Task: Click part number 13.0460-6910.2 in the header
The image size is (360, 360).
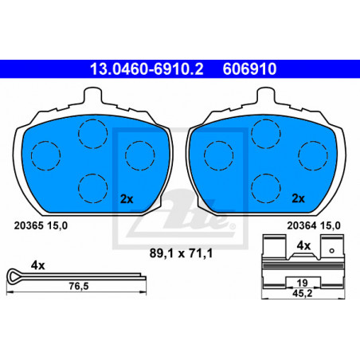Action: [147, 68]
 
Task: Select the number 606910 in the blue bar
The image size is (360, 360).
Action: [249, 68]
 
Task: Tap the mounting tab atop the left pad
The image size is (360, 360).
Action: [92, 96]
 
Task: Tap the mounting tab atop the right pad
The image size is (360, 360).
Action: [266, 96]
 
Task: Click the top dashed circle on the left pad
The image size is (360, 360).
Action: [93, 134]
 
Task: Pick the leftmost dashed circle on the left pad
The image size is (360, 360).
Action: [45, 155]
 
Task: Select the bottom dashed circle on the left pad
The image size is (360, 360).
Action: [93, 189]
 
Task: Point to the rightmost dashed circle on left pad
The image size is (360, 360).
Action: [140, 155]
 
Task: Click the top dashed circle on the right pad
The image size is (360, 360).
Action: [266, 134]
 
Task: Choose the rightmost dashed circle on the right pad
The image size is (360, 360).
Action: [313, 155]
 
